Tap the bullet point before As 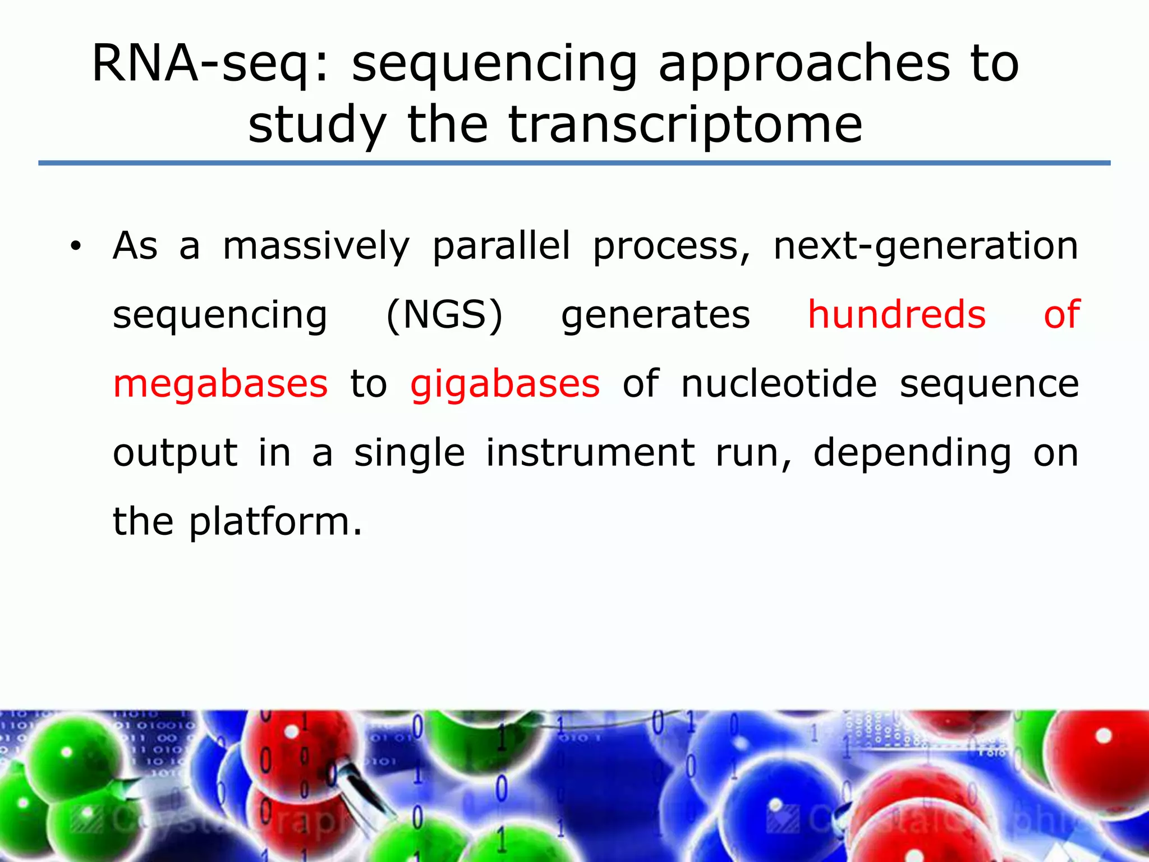[x=76, y=246]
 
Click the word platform [x=275, y=522]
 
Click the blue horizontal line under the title [x=574, y=163]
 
